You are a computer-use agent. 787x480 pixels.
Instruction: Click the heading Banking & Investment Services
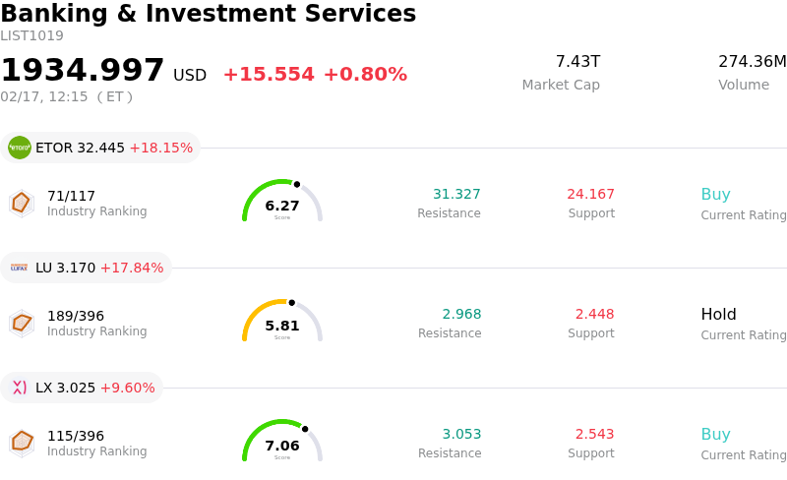click(x=208, y=14)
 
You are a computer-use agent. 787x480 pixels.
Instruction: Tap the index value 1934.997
click(x=83, y=71)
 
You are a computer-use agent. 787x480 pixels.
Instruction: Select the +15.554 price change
click(x=269, y=75)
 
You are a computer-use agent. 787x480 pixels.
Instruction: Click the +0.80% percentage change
click(x=365, y=75)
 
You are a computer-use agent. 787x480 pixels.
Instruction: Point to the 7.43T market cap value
click(x=577, y=62)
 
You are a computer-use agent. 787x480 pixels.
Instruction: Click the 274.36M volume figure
click(x=752, y=62)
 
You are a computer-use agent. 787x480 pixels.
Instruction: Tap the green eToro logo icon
click(x=20, y=148)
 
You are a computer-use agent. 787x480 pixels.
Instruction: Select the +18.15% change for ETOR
click(x=160, y=148)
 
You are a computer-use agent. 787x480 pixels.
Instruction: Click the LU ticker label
click(x=43, y=268)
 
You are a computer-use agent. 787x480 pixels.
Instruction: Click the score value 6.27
click(x=282, y=206)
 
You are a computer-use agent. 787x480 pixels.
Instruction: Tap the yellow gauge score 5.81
click(x=282, y=326)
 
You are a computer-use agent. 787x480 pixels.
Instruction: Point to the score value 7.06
click(x=282, y=446)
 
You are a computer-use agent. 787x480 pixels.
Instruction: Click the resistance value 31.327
click(x=456, y=195)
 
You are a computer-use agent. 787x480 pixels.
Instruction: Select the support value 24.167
click(x=590, y=195)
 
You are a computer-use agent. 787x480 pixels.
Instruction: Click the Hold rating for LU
click(x=718, y=315)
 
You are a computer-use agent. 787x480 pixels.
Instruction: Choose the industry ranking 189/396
click(x=76, y=316)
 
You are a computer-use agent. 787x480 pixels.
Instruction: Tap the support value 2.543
click(x=594, y=435)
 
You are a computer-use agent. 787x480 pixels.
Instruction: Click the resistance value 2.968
click(x=461, y=315)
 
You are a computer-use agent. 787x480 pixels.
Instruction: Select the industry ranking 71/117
click(x=71, y=196)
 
